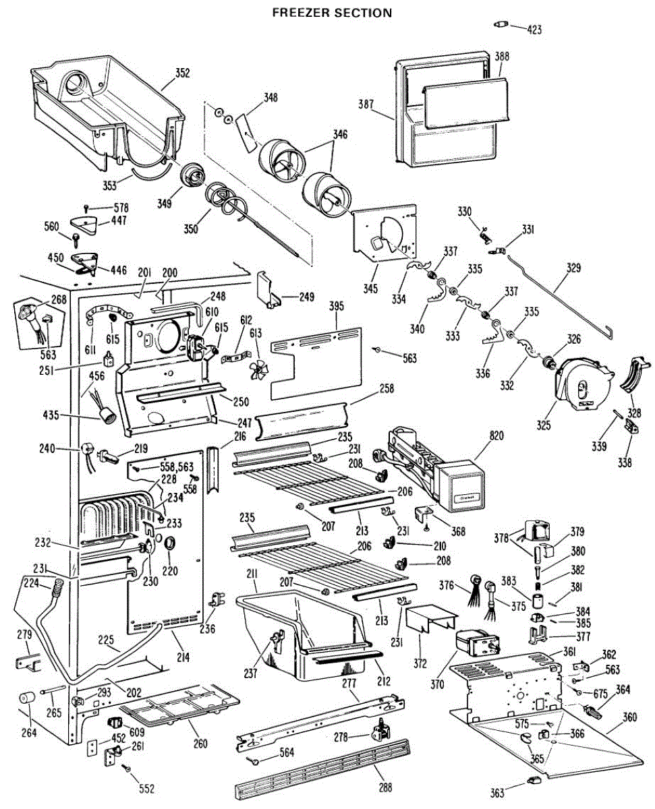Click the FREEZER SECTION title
tap(331, 12)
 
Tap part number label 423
tap(534, 29)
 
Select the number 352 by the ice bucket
tap(182, 73)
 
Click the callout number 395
tap(336, 306)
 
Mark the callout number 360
tap(629, 717)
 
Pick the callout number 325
tap(543, 425)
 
